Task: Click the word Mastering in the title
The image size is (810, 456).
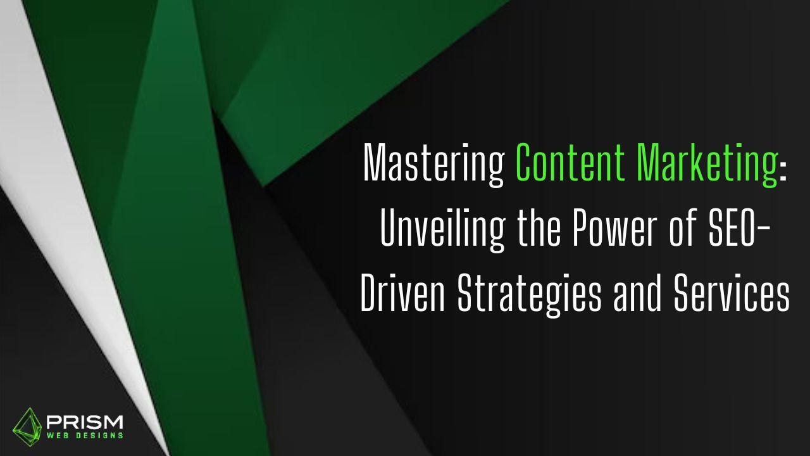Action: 434,165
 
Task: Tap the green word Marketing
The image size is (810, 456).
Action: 707,165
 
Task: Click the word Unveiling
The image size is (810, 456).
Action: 442,230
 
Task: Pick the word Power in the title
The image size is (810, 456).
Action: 614,227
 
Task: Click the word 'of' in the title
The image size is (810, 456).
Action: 682,227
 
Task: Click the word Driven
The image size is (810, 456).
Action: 402,293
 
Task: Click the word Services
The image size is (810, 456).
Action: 731,293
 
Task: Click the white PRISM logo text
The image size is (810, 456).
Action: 85,422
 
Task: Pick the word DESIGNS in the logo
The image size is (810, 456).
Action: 100,435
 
